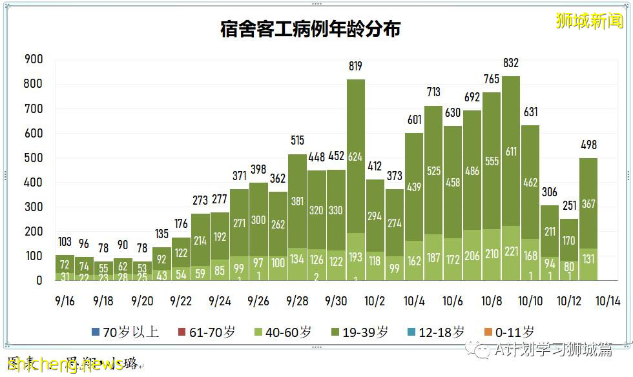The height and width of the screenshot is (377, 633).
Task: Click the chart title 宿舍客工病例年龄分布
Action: tap(310, 30)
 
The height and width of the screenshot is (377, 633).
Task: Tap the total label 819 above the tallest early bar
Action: tap(355, 66)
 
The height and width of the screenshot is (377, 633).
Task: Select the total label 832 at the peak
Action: tap(510, 63)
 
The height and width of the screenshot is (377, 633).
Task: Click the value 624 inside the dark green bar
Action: tap(355, 157)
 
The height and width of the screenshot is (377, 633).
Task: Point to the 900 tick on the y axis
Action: tap(33, 59)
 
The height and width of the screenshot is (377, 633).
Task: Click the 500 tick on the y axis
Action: tap(33, 158)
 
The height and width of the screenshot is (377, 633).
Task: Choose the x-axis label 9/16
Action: tap(65, 301)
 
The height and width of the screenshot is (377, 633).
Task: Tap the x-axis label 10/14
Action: tap(608, 301)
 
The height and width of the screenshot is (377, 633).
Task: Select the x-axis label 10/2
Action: tap(375, 301)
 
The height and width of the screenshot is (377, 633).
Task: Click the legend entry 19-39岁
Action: tap(362, 332)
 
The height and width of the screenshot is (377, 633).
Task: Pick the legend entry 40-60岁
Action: tap(285, 332)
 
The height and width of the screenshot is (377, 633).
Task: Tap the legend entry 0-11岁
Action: tap(509, 332)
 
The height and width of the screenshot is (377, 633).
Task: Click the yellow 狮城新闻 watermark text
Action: tap(590, 21)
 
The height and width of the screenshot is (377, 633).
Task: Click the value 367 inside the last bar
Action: tap(588, 204)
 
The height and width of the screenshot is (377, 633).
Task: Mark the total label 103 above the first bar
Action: tap(65, 241)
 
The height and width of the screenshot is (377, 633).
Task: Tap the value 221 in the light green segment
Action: tap(510, 254)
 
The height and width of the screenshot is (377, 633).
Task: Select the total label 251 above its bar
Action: tap(568, 205)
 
